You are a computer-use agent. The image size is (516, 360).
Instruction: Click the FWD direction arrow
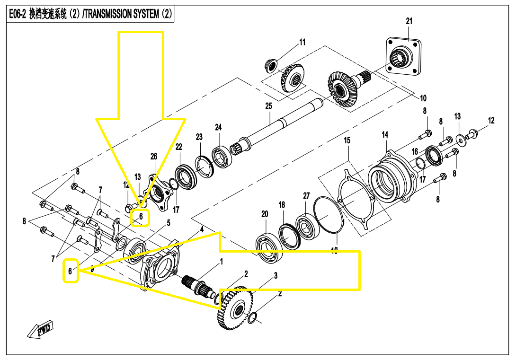[x=40, y=330]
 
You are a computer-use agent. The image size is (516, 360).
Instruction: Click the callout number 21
[x=409, y=21]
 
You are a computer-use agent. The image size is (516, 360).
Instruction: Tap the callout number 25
[x=268, y=106]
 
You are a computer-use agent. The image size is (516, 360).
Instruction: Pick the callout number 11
[x=302, y=43]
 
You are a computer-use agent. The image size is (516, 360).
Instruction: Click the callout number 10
[x=423, y=98]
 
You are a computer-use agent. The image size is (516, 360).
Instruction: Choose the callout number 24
[x=218, y=127]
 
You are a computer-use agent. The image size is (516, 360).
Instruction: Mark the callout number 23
[x=199, y=137]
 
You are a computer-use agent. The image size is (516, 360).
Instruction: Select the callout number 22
[x=178, y=147]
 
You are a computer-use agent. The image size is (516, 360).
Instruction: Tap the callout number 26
[x=154, y=157]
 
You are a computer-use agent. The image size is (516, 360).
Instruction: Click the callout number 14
[x=385, y=135]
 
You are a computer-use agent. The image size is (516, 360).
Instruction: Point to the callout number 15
[x=347, y=140]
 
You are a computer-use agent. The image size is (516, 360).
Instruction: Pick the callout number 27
[x=306, y=196]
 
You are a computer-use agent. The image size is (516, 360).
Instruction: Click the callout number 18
[x=282, y=205]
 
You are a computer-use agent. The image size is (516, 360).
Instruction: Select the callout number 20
[x=265, y=214]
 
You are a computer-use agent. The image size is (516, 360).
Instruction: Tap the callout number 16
[x=415, y=152]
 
